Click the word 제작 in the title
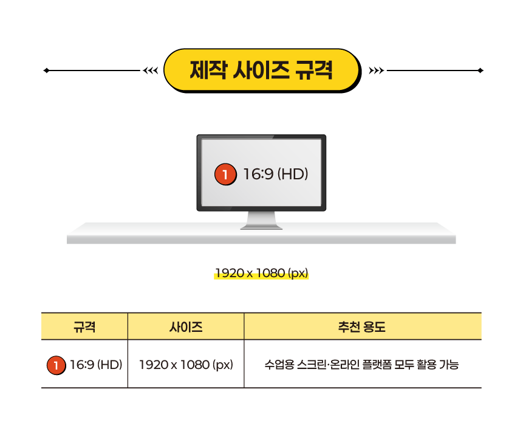click(208, 70)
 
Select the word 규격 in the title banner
click(313, 70)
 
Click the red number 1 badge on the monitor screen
click(225, 175)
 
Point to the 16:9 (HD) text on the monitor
click(276, 174)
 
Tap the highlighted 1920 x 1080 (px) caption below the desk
click(262, 273)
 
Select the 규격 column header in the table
click(84, 327)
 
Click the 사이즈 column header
click(186, 327)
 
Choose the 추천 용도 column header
click(362, 327)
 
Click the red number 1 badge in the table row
click(56, 365)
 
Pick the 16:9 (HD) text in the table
click(96, 365)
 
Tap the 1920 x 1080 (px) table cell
click(186, 365)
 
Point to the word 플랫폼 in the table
click(377, 365)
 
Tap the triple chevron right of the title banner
click(377, 71)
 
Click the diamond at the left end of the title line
click(46, 71)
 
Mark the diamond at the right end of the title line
click(480, 71)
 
